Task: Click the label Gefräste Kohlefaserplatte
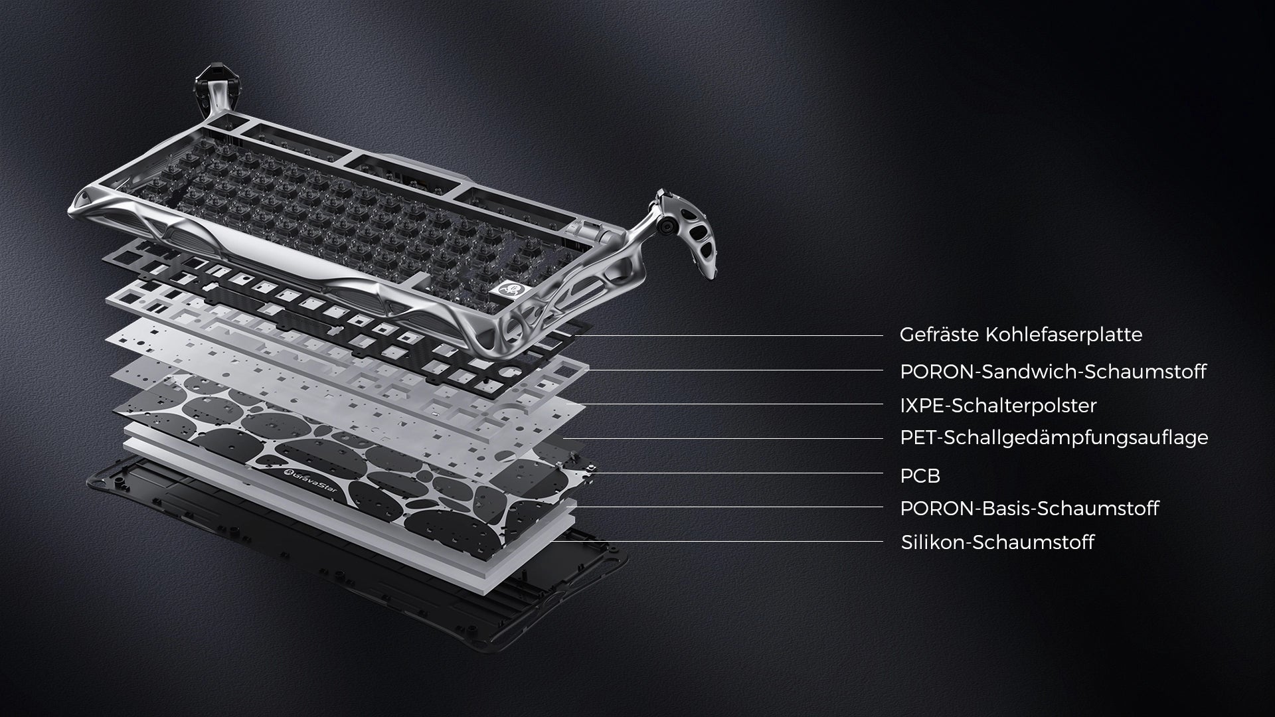coord(1021,335)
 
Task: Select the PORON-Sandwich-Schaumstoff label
coord(1053,372)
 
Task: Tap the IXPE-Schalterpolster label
coord(998,405)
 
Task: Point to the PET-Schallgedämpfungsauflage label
coord(1054,438)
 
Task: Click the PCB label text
coord(920,475)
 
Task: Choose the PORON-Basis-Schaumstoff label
coord(1029,509)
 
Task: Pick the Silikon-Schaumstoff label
coord(997,542)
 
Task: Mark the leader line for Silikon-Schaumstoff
coord(717,541)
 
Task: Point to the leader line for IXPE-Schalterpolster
coord(734,404)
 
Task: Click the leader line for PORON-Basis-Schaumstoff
coord(729,507)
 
